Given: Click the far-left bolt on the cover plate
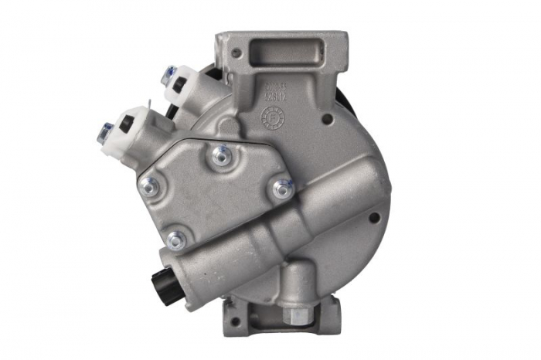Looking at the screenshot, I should pyautogui.click(x=150, y=185).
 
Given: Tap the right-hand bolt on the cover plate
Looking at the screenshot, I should pyautogui.click(x=281, y=188).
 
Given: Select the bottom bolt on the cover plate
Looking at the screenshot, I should pyautogui.click(x=175, y=241).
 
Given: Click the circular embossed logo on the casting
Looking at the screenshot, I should pyautogui.click(x=273, y=117).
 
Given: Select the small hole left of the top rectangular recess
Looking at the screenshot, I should pyautogui.click(x=236, y=54).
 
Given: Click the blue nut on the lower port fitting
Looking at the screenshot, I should pyautogui.click(x=104, y=129).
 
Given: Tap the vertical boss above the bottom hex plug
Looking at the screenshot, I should pyautogui.click(x=298, y=286).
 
